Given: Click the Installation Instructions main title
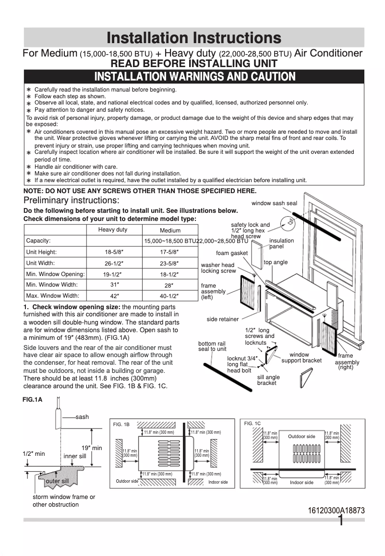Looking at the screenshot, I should (193, 38).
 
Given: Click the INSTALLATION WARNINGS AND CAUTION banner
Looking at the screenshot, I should (194, 77).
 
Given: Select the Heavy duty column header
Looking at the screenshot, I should (113, 230).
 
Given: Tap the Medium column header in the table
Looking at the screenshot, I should (170, 231).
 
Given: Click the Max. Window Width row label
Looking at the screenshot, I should (52, 296).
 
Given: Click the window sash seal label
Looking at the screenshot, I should (274, 203).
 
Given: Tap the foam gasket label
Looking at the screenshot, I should (232, 253).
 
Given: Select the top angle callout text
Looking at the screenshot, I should (276, 262).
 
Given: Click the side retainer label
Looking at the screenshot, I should (222, 319).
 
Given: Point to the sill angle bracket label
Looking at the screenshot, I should (268, 380).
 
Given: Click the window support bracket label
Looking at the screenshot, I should (301, 358).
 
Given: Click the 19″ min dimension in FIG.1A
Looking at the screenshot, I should (91, 448).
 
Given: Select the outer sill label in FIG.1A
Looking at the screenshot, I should (57, 481).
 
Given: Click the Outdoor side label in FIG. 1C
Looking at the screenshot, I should (301, 437).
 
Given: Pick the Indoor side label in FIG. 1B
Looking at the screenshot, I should (218, 482).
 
